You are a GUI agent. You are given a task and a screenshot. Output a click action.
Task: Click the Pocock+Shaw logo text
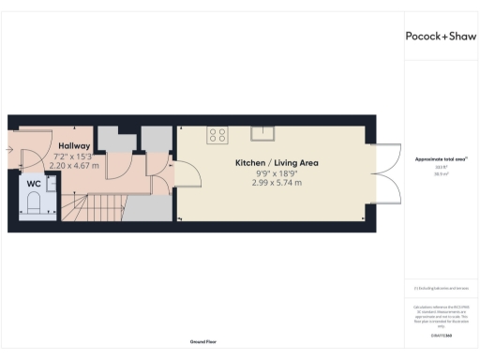click(x=441, y=37)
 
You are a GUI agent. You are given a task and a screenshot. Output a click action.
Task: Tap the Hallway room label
click(x=74, y=146)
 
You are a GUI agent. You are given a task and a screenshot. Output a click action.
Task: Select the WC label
click(x=33, y=184)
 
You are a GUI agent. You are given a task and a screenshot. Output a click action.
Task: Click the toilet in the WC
click(x=34, y=202)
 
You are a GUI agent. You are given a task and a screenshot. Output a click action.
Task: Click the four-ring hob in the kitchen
click(x=217, y=135)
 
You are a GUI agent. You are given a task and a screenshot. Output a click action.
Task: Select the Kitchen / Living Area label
click(x=277, y=163)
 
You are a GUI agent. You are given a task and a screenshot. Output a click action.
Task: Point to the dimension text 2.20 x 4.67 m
click(x=74, y=165)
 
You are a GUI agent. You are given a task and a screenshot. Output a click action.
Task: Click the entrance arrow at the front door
click(x=11, y=149)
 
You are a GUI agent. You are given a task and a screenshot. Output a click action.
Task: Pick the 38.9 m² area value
click(x=440, y=174)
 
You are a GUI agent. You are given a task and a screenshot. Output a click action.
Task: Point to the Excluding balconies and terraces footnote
click(x=440, y=287)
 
